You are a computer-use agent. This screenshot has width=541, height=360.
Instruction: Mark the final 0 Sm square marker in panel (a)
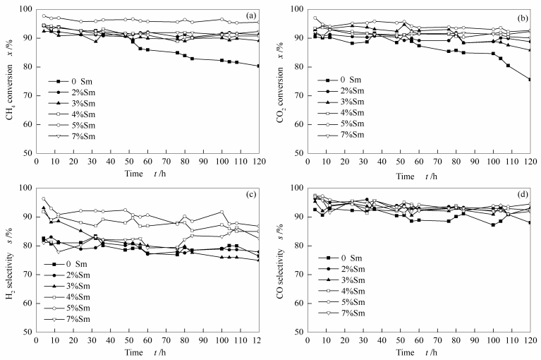pyautogui.click(x=257, y=66)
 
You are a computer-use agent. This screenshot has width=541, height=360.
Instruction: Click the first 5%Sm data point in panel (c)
pyautogui.click(x=44, y=199)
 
